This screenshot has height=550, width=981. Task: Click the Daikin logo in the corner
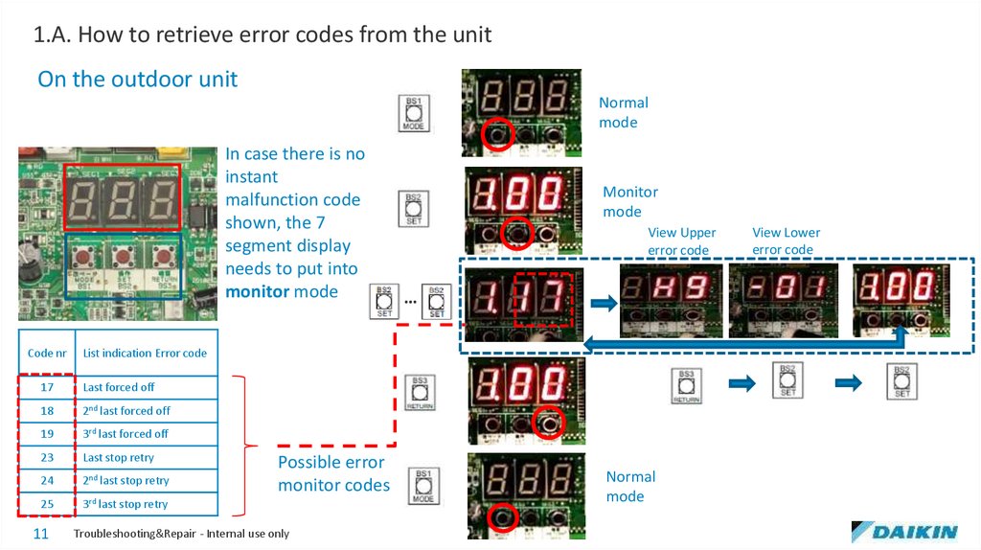pyautogui.click(x=903, y=532)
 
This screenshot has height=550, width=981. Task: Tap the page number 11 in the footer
pyautogui.click(x=41, y=534)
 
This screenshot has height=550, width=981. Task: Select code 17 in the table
pyautogui.click(x=47, y=387)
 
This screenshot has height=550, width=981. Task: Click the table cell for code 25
pyautogui.click(x=47, y=504)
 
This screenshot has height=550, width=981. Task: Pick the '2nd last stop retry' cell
pyautogui.click(x=125, y=480)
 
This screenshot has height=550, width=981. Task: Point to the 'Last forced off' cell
pyautogui.click(x=119, y=387)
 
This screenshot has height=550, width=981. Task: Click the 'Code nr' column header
pyautogui.click(x=47, y=353)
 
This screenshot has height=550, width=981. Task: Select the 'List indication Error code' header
pyautogui.click(x=145, y=353)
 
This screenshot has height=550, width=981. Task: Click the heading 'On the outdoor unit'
pyautogui.click(x=137, y=79)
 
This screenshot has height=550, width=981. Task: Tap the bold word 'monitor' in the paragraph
pyautogui.click(x=257, y=291)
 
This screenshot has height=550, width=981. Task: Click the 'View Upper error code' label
pyautogui.click(x=681, y=241)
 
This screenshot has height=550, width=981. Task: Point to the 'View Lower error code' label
pyautogui.click(x=786, y=241)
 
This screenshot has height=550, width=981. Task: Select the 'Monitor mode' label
pyautogui.click(x=629, y=202)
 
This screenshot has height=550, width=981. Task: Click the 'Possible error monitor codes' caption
pyautogui.click(x=333, y=474)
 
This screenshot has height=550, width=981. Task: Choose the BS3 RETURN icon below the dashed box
pyautogui.click(x=685, y=385)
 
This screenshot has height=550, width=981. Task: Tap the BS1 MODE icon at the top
pyautogui.click(x=414, y=113)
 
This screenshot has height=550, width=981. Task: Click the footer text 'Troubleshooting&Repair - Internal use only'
pyautogui.click(x=181, y=534)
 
